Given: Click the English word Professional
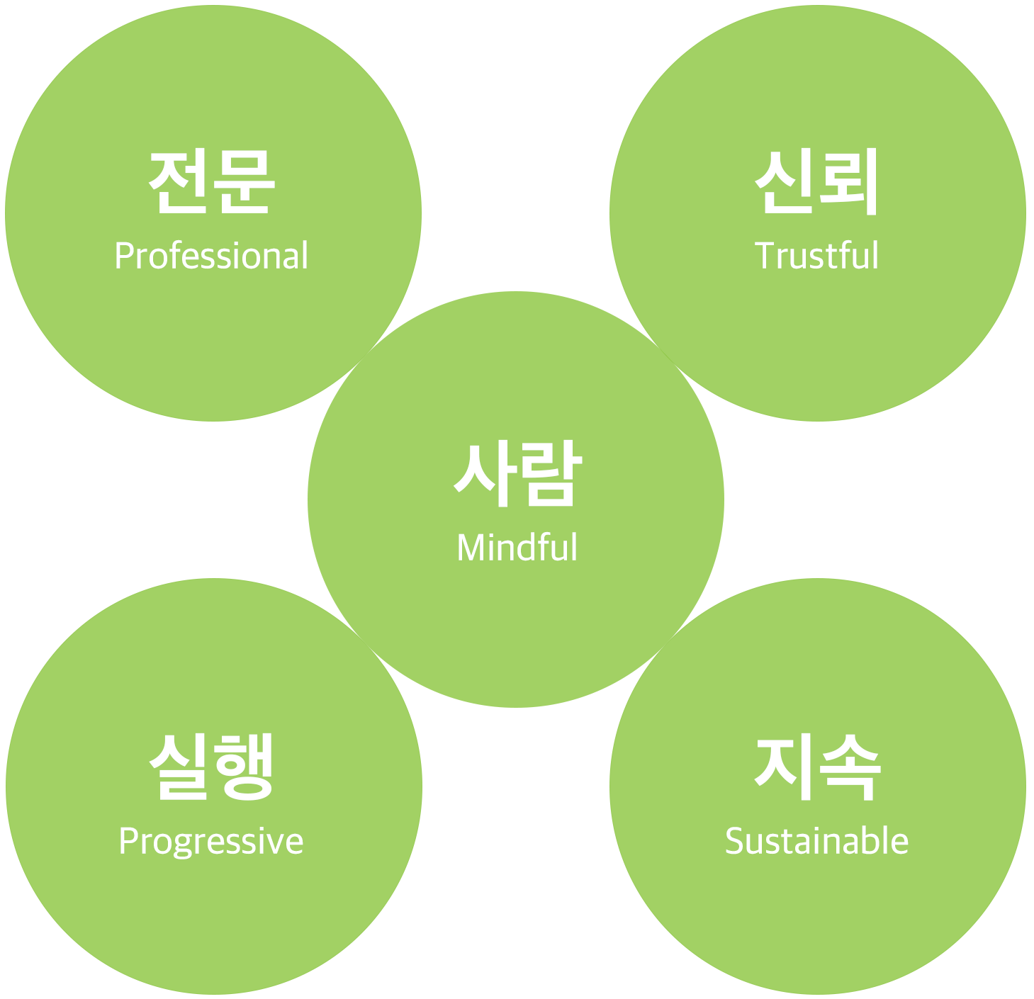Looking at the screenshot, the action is pos(211,256).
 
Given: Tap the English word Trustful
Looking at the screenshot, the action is pos(816,256).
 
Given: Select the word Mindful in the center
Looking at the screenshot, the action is pos(517,548).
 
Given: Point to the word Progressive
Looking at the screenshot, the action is pos(211,842).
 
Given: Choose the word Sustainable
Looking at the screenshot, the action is pos(816,842).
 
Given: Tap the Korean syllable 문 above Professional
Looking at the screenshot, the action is pos(243,181).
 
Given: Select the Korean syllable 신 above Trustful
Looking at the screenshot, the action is pos(784,181).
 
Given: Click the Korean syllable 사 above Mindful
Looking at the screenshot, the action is pos(485,473).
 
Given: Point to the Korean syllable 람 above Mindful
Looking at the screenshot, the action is pos(550,473).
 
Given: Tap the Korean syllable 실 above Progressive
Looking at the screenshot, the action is pos(179,767).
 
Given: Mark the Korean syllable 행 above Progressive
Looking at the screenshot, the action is pos(244,767).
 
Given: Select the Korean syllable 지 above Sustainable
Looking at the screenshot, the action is pos(784,767).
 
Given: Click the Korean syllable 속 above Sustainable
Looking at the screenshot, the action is pos(849,767).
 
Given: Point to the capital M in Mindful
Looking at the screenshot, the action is pos(470,548).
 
